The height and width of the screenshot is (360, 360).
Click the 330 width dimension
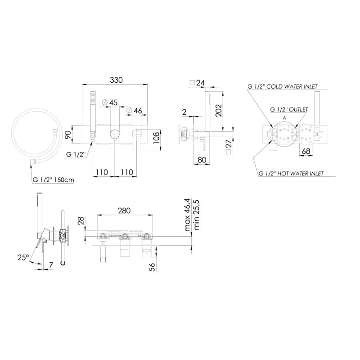click(x=116, y=80)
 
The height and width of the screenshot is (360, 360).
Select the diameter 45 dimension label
click(x=110, y=103)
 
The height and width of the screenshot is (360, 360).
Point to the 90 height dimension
click(x=68, y=134)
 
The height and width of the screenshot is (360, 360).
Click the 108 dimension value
click(x=156, y=138)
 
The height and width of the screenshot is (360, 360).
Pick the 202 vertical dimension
click(x=219, y=110)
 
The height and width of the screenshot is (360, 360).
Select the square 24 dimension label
click(x=197, y=83)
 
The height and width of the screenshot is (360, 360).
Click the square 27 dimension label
click(x=229, y=147)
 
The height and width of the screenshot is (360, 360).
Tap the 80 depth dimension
click(x=202, y=160)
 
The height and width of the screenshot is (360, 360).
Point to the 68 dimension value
click(x=306, y=151)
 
